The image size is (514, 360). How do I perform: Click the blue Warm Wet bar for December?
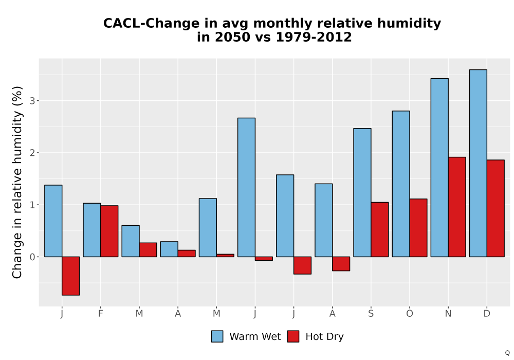[478, 163]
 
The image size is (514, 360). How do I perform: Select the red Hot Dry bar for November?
[457, 207]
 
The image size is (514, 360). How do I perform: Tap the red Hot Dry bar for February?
[109, 231]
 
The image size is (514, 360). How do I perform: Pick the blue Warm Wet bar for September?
[362, 192]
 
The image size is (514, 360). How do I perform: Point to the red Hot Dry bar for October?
[418, 228]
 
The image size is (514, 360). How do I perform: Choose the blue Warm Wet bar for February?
[92, 230]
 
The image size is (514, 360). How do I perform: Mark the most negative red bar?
[70, 276]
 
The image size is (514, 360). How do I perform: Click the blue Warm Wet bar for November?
[439, 168]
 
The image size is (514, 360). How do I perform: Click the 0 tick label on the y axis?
[32, 257]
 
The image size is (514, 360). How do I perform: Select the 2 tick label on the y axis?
[32, 153]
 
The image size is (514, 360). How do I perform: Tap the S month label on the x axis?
[371, 314]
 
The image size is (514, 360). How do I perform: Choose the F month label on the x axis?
[101, 314]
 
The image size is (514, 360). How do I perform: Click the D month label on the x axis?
[487, 314]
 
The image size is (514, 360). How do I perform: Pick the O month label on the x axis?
[410, 314]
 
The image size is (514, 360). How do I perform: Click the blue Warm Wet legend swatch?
[217, 336]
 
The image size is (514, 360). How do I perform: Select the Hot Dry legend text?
[324, 337]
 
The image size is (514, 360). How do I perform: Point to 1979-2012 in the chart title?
[314, 37]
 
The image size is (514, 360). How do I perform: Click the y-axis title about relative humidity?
[17, 182]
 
